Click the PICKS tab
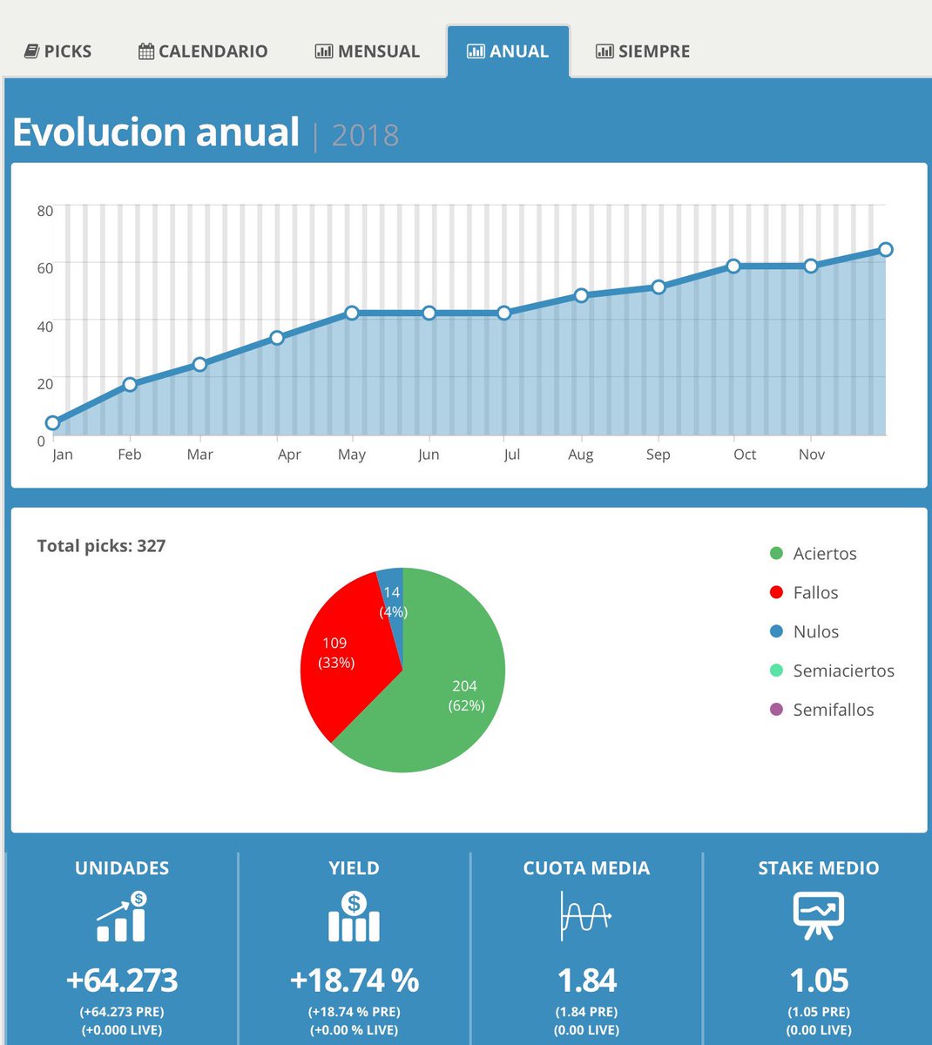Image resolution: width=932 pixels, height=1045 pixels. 57,51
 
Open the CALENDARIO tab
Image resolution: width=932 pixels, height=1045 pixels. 203,51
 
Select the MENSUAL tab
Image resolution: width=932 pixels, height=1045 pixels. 367,51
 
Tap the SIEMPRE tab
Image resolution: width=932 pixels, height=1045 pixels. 643,51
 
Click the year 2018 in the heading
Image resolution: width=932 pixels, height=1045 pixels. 365,135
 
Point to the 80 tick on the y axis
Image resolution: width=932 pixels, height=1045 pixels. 45,211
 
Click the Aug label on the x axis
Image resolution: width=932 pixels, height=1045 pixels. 580,455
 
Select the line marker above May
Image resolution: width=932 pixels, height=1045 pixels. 352,313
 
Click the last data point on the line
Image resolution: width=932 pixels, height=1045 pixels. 886,250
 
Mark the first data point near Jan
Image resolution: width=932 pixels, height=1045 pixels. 52,423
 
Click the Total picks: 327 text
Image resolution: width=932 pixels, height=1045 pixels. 101,546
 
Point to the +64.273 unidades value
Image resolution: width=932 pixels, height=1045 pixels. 122,981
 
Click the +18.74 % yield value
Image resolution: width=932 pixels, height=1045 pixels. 354,981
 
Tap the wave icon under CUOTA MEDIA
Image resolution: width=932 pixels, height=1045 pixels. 586,916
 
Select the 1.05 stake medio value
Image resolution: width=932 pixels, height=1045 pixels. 819,981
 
